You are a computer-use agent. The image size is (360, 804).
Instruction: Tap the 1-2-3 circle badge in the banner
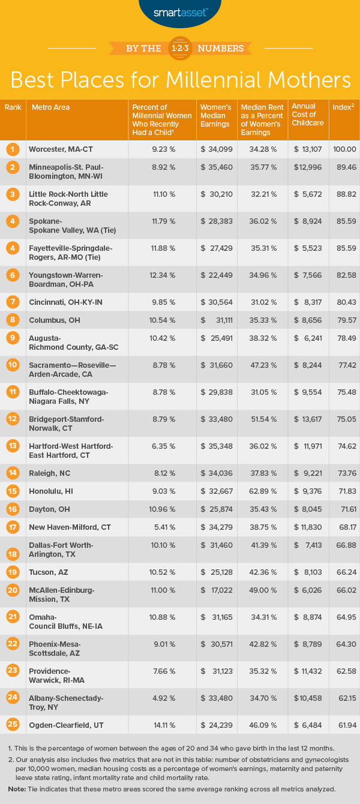click(x=180, y=47)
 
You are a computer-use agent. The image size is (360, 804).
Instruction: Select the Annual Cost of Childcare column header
click(x=307, y=115)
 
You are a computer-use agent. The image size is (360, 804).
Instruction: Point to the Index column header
click(x=343, y=107)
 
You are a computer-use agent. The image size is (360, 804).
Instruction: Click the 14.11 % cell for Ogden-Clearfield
click(x=160, y=725)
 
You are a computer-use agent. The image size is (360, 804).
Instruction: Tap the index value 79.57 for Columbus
click(x=344, y=320)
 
